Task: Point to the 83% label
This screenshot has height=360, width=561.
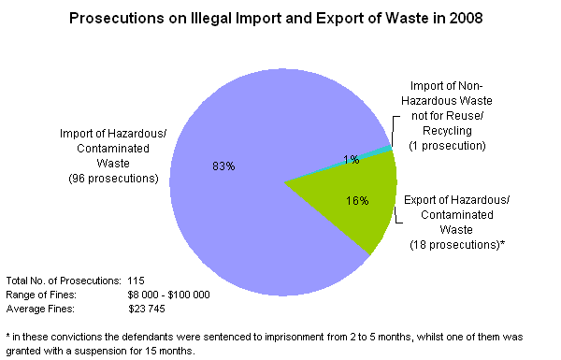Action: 223,166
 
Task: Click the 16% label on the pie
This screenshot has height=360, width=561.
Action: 356,200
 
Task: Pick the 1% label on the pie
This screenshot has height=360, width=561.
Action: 351,160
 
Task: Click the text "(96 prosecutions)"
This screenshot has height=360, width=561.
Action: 112,178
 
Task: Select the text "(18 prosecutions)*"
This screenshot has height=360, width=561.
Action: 457,244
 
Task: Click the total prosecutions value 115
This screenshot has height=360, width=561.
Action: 136,281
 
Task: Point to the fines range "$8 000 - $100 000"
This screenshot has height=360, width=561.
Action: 168,295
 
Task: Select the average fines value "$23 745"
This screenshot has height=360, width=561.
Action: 145,308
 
